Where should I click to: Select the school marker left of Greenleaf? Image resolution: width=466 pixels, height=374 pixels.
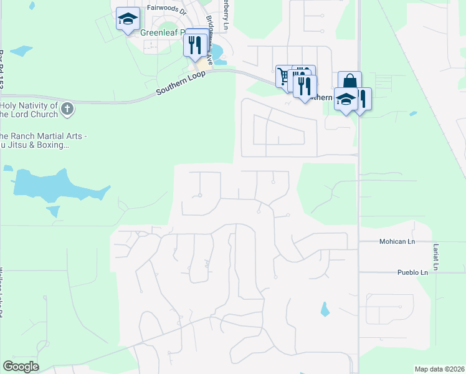coord(127,19)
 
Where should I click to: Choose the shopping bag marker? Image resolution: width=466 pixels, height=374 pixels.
coord(350,82)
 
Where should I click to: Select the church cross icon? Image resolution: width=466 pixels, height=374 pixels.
coord(68,110)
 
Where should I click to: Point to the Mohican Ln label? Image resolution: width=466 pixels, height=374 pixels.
coord(397,241)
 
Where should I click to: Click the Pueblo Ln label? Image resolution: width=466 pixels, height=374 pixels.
coord(412,272)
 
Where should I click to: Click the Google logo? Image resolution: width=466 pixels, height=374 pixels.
coord(21,367)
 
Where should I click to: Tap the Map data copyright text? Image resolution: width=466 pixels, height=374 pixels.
coord(439,369)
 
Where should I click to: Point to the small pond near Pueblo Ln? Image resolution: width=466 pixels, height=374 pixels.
coord(324,309)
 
